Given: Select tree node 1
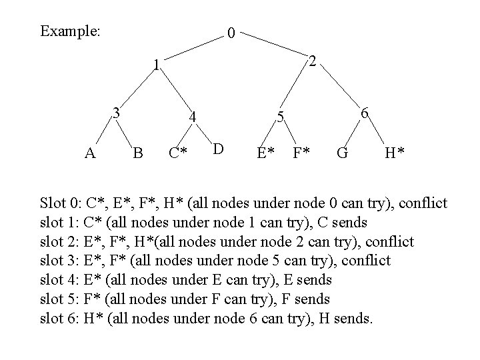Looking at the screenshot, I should click(x=155, y=65).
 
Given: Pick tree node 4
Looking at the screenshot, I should click(x=192, y=117).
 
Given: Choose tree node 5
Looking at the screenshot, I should click(x=281, y=117).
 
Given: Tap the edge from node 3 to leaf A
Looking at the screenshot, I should click(x=102, y=133).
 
